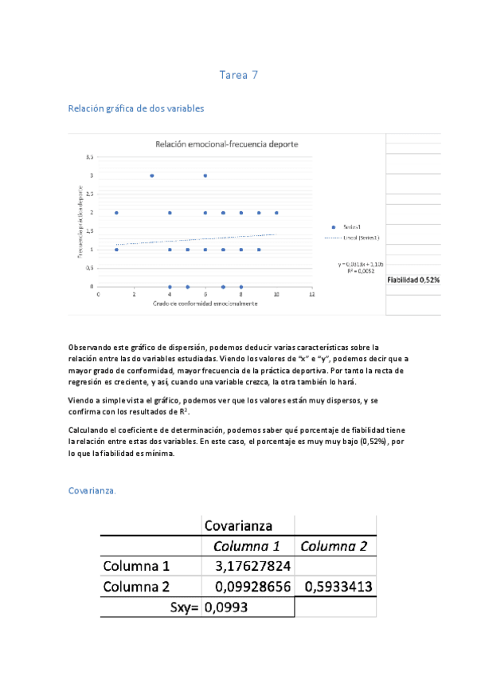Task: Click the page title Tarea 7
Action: [x=238, y=75]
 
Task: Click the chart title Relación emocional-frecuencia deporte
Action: [x=227, y=144]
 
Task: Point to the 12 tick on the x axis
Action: [x=311, y=293]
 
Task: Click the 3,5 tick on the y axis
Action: [x=90, y=157]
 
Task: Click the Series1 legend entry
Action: [x=351, y=227]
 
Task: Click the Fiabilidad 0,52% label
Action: [x=413, y=280]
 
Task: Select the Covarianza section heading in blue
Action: [x=92, y=491]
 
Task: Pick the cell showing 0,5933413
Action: [x=337, y=587]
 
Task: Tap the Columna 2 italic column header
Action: [x=334, y=546]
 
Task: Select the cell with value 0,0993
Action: [x=227, y=607]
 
